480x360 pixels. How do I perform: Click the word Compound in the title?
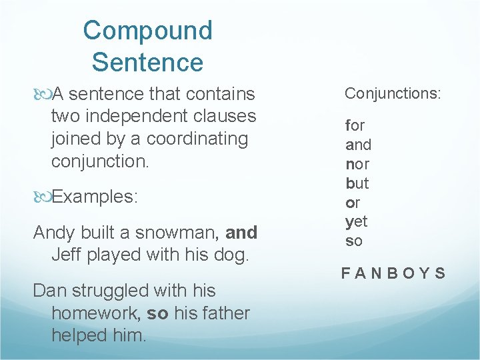(x=147, y=31)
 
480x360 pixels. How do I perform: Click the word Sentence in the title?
(x=147, y=63)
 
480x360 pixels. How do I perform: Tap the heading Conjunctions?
(x=393, y=93)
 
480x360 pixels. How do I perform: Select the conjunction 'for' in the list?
(x=355, y=125)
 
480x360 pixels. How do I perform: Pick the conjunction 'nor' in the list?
(x=357, y=164)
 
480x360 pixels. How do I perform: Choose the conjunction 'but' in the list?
(x=357, y=183)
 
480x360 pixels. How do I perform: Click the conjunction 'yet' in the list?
(x=357, y=222)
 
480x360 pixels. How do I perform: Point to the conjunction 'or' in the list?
(x=352, y=203)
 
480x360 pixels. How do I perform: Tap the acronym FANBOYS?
(x=393, y=273)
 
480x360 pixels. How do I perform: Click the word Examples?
(x=94, y=197)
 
